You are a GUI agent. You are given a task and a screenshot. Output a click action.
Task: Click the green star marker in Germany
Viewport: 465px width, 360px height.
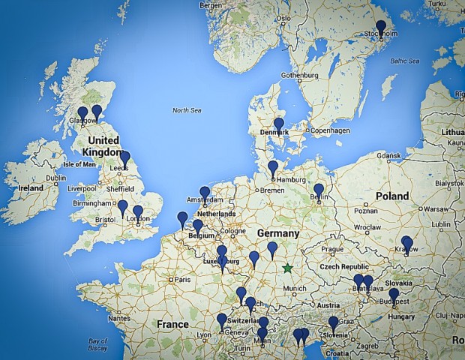coord(286,268)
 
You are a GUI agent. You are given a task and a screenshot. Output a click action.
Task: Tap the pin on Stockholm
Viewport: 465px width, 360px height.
coord(381,28)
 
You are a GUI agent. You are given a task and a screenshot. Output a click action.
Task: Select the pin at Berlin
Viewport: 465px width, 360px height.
coord(319,190)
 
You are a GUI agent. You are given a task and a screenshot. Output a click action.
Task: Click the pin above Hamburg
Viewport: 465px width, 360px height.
coord(273,167)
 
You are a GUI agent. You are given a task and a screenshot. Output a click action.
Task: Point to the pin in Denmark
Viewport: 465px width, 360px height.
coord(279,124)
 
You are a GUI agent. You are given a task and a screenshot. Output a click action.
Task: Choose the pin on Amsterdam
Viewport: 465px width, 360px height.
coord(205,193)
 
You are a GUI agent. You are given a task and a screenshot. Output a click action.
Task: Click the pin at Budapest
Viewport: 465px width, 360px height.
coord(394,295)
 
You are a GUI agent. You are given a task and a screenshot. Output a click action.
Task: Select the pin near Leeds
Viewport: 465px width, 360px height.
coord(124,158)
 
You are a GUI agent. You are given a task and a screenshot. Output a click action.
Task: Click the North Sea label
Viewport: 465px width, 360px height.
coord(187,110)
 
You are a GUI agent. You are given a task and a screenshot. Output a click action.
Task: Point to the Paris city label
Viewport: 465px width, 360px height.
coord(182,280)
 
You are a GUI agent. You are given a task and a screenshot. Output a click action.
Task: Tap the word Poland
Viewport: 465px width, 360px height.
coord(392,196)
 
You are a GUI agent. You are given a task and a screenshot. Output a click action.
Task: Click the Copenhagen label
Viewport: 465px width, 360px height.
coord(330,130)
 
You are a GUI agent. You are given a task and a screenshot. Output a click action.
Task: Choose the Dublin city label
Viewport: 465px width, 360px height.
coord(55,178)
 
